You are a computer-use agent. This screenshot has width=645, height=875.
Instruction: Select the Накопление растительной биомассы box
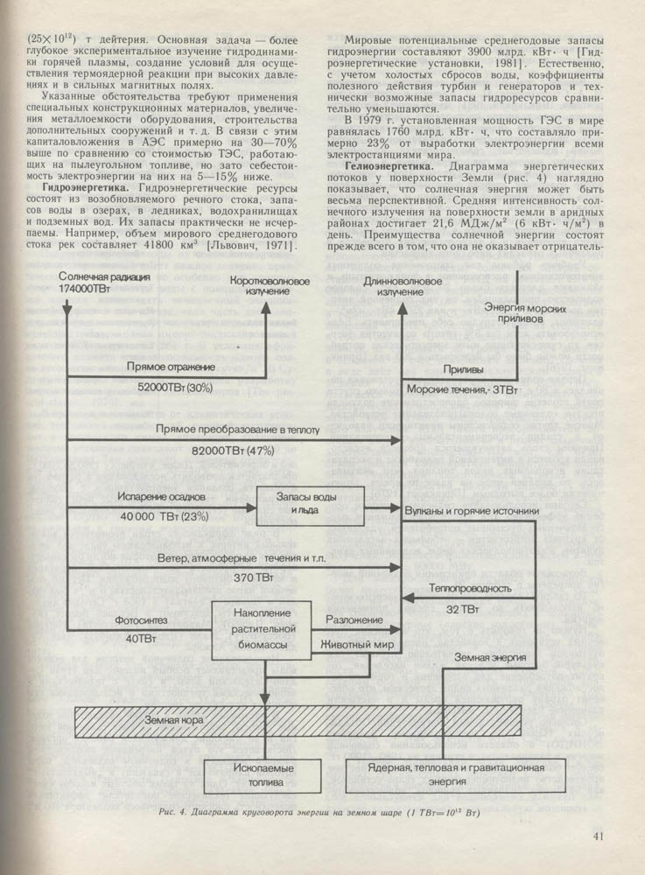pos(268,628)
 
